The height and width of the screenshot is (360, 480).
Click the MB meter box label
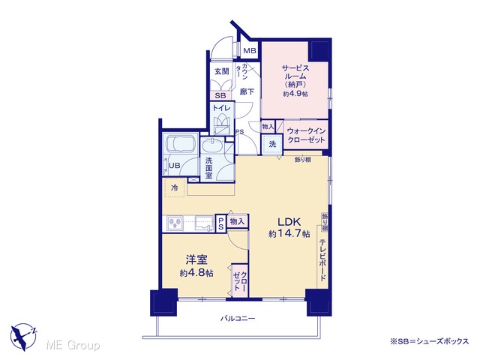[x=250, y=50]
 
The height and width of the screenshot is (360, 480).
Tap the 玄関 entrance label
[x=221, y=71]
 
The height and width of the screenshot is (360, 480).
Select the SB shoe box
[x=220, y=95]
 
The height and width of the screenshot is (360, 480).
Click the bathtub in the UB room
[x=179, y=143]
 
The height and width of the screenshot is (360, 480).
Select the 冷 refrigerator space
[x=175, y=187]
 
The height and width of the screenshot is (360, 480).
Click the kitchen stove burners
[x=175, y=223]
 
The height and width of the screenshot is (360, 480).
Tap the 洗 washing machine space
[x=271, y=144]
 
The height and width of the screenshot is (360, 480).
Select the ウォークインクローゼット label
[x=306, y=135]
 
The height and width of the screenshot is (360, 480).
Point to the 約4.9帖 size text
[x=295, y=94]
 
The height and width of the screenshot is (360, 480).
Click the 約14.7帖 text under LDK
[x=289, y=234]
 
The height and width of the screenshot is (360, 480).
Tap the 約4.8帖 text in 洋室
[x=196, y=273]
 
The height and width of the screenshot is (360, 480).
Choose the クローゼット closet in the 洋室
[x=240, y=280]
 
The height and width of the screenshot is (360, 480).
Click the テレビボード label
[x=322, y=260]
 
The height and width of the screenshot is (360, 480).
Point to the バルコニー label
[x=238, y=319]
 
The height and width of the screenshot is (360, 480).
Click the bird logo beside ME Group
[x=23, y=337]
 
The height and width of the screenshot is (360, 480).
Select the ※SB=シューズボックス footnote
[x=429, y=342]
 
